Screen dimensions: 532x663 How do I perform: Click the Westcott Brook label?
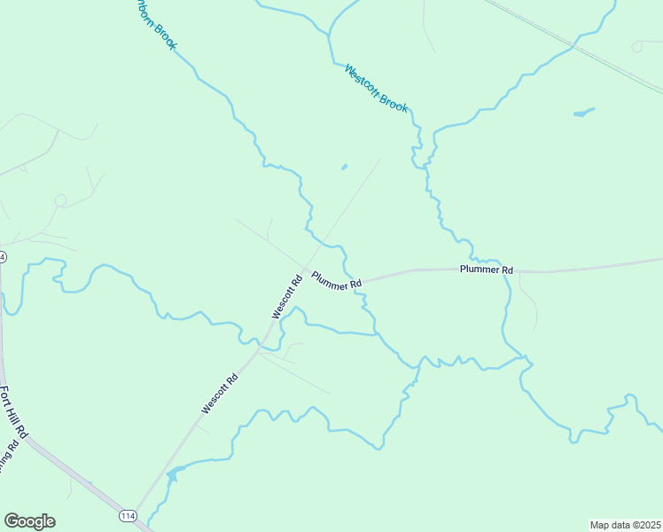click(x=377, y=88)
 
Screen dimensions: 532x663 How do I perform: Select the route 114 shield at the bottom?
click(x=128, y=515)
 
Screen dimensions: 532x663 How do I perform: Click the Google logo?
click(x=29, y=521)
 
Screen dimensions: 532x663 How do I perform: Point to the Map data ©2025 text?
click(x=625, y=525)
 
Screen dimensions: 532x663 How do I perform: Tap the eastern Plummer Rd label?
click(x=487, y=269)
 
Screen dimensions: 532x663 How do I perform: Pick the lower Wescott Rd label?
click(x=220, y=394)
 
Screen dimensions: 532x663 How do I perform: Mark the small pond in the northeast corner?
click(x=583, y=113)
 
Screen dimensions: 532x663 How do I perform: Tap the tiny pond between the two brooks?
click(x=344, y=166)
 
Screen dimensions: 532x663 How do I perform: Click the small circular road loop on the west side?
click(x=60, y=200)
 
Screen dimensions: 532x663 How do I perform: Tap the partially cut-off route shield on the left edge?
click(x=3, y=256)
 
